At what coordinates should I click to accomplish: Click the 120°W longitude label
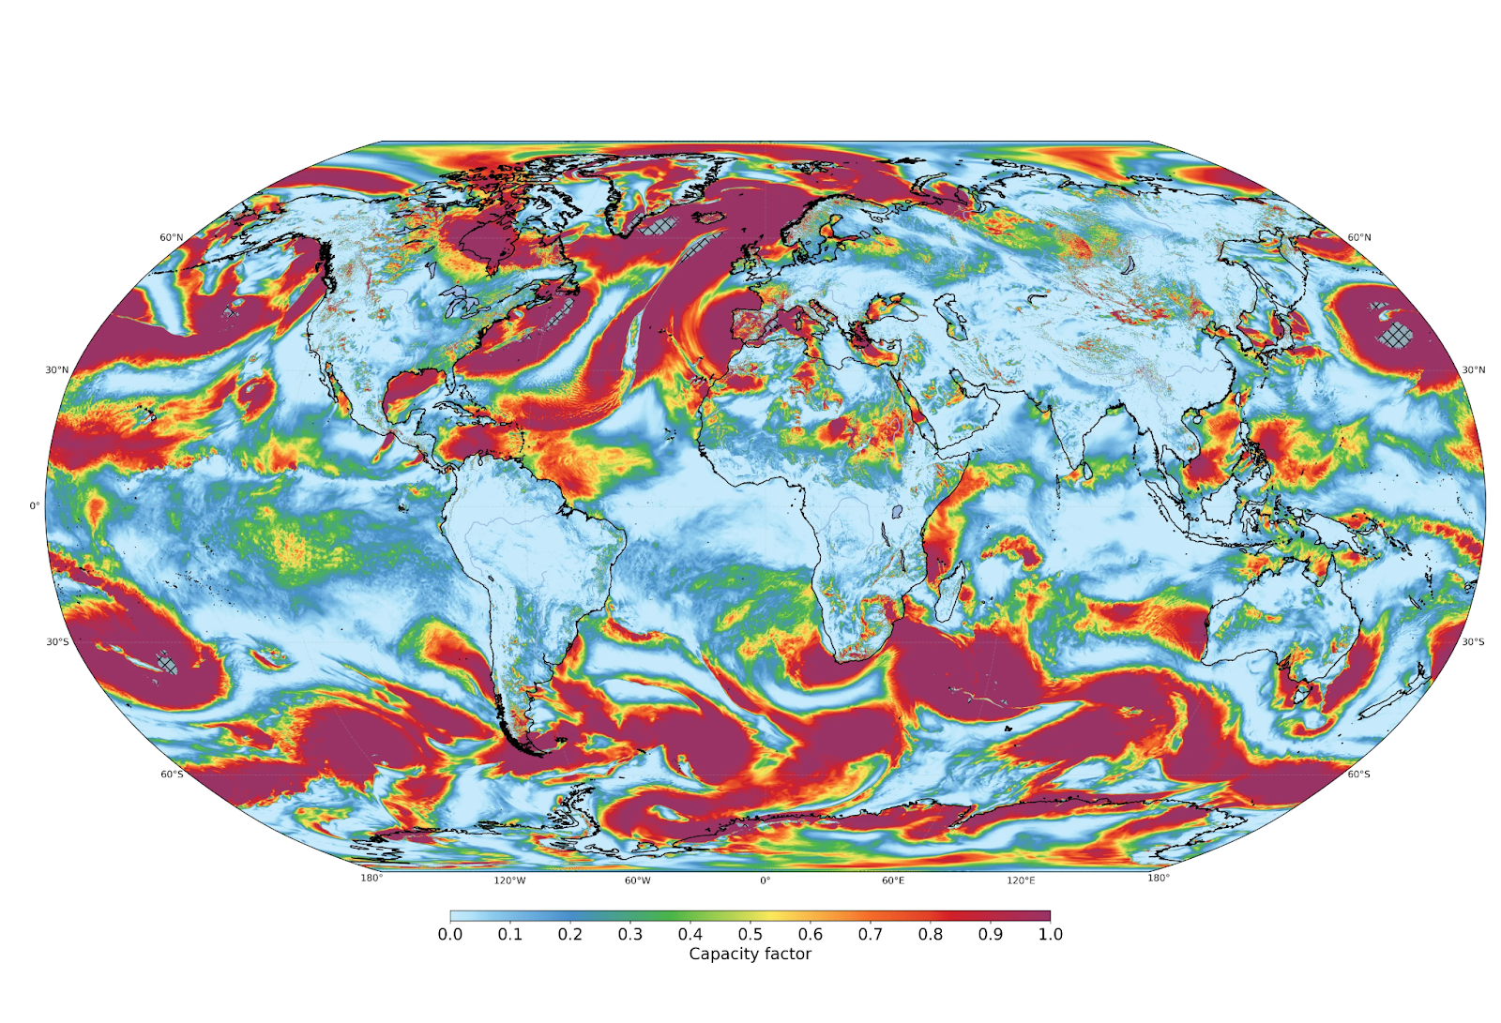509,880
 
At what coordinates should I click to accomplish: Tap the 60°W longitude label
637,880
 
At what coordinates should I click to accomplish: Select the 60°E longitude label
893,880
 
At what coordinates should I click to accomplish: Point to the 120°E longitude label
1021,880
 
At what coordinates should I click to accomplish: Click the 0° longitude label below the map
765,880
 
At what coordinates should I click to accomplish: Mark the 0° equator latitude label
35,505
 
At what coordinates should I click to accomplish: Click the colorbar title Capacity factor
750,954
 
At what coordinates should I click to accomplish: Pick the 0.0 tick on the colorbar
450,934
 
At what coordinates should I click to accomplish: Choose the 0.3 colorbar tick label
630,934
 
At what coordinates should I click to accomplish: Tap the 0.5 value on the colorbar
750,934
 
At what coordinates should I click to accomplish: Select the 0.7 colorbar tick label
871,934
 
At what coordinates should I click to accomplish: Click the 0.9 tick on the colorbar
991,934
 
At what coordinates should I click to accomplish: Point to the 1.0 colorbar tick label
1051,934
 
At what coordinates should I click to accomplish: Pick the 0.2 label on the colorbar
570,934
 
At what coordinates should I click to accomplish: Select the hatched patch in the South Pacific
167,662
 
